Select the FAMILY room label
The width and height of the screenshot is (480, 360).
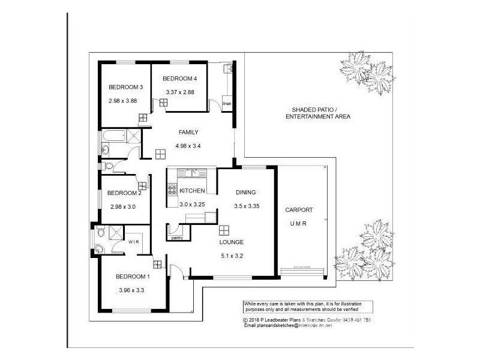[x=188, y=132]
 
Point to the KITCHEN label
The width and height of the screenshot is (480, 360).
[x=193, y=191]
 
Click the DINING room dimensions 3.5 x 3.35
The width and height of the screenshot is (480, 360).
[x=246, y=206]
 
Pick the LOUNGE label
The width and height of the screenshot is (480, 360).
[x=231, y=242]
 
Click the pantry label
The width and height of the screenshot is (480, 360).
[x=177, y=238]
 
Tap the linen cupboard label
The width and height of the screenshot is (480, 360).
[x=227, y=104]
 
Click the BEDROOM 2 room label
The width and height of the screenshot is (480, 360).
[x=124, y=193]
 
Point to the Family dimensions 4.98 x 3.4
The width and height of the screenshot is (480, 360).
[x=188, y=145]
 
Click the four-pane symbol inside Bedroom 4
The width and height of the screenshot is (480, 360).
[x=163, y=103]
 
